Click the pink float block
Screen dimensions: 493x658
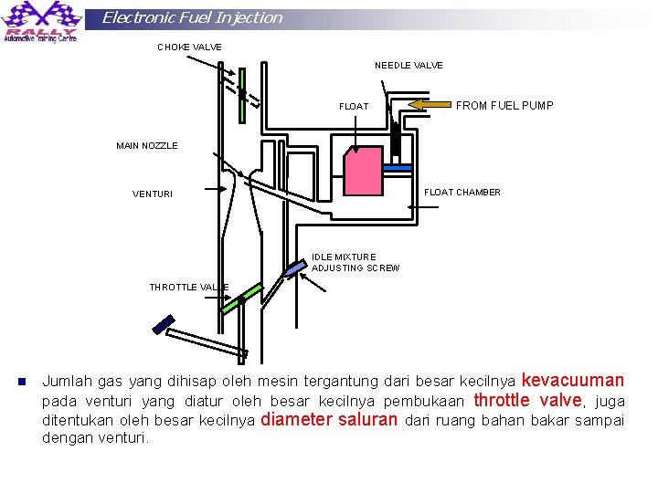[x=362, y=171]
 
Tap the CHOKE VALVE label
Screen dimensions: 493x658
[x=189, y=47]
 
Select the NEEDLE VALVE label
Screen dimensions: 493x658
[x=409, y=65]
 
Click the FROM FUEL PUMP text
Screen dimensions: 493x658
[x=504, y=106]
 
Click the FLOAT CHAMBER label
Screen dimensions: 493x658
[x=462, y=193]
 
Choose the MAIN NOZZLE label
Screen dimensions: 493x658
[x=147, y=146]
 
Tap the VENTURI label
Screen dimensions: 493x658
[x=152, y=194]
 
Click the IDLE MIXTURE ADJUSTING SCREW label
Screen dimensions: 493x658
[x=356, y=263]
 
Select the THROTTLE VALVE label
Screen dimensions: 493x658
[x=189, y=288]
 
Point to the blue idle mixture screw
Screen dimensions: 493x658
[x=293, y=270]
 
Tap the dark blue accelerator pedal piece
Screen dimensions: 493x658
[x=164, y=323]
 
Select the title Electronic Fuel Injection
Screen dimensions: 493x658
[x=192, y=17]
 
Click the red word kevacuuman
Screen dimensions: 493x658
[x=572, y=381]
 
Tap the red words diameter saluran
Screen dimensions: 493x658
[x=329, y=420]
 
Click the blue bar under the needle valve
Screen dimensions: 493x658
[x=398, y=169]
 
